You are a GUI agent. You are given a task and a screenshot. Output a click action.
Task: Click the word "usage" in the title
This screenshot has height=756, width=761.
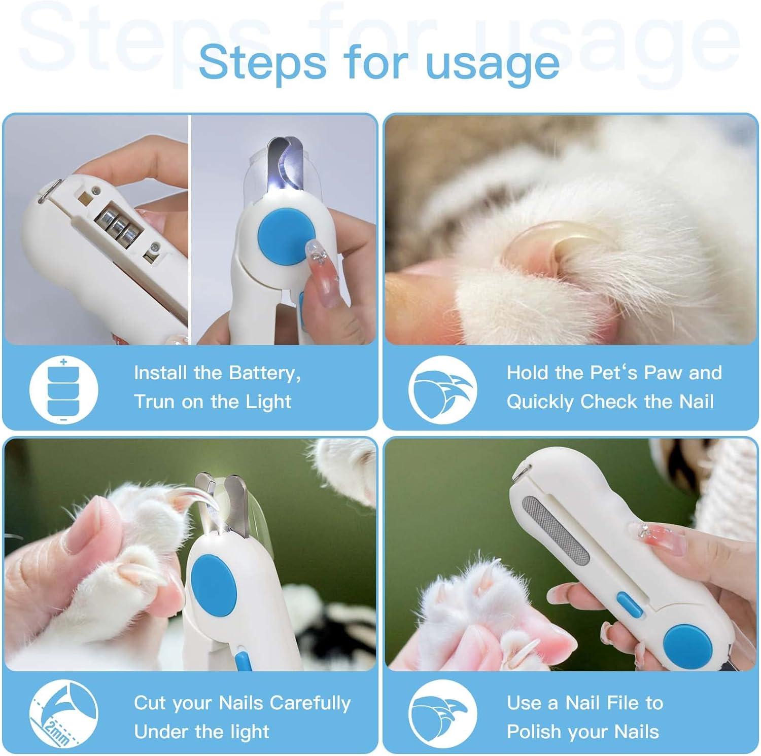493,64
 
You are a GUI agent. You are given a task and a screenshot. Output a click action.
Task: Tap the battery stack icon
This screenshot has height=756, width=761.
63,390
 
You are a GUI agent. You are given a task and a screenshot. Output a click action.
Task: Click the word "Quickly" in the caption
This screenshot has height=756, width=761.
540,402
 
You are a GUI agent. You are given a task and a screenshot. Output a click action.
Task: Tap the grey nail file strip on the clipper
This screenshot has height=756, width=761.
556,530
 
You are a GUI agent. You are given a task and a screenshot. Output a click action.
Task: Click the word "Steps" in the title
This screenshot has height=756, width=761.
262,64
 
